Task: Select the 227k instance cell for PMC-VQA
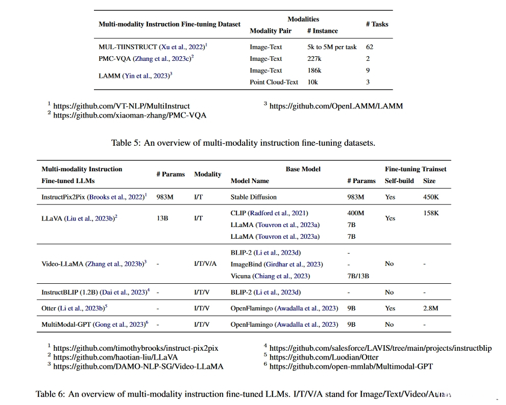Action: (x=314, y=59)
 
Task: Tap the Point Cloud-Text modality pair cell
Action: (x=274, y=82)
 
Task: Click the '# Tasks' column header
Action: (x=377, y=24)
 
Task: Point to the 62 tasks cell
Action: (x=370, y=47)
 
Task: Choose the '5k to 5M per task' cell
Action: (x=332, y=47)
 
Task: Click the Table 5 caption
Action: (x=243, y=143)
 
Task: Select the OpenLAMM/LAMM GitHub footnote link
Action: (x=336, y=106)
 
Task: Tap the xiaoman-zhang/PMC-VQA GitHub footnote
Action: (x=130, y=115)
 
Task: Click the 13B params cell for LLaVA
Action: (x=162, y=218)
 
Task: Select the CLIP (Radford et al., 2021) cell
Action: (x=270, y=213)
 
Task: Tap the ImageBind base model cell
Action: (x=277, y=264)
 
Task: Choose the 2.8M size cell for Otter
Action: (x=431, y=308)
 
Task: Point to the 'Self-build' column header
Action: (x=399, y=181)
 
